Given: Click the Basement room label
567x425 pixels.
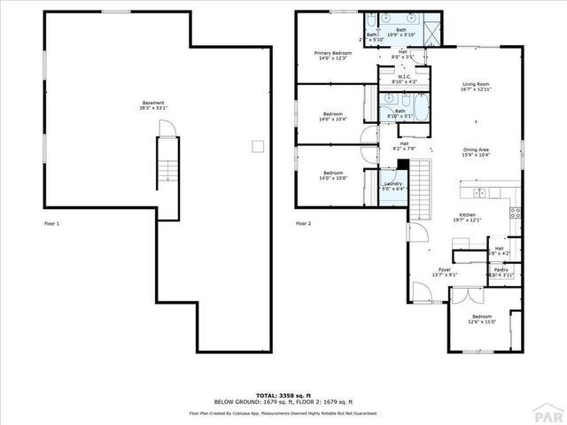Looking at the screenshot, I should coord(151,105).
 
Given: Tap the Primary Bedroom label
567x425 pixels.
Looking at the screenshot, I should coord(333,57).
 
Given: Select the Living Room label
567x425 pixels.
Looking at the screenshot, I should coord(475,87).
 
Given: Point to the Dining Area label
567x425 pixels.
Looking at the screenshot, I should coord(476,152).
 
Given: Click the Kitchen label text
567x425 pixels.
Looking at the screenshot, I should coord(468,218).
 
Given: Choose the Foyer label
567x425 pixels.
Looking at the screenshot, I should coord(445,272).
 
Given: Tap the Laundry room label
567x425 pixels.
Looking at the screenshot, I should coord(392,185).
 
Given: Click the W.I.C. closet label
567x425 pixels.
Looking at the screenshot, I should coord(403,79).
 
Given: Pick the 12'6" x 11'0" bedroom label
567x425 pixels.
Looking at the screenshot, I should coord(482,319).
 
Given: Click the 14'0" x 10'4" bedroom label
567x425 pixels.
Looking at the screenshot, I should coord(333,116).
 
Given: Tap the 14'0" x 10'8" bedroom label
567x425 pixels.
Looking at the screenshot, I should coord(333,174).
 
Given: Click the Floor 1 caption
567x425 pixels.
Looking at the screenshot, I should coord(52,224).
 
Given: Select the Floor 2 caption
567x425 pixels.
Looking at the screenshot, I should coord(303,224).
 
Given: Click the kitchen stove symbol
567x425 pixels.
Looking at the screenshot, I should coord(515,212).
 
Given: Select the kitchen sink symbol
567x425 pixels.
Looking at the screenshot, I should coord(479,192).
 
